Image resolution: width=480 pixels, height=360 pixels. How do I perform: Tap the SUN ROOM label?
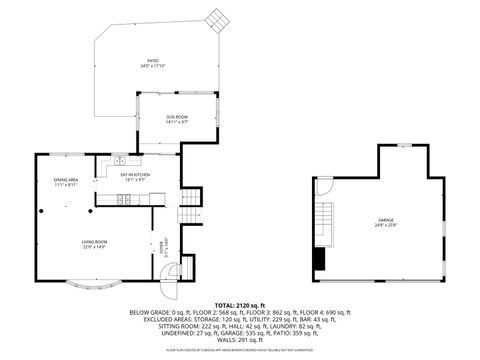177,117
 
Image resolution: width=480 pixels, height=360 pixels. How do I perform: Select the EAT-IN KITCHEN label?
135,174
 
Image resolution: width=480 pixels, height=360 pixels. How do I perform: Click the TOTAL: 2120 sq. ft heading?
240,304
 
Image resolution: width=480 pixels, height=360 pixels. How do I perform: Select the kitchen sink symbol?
119,162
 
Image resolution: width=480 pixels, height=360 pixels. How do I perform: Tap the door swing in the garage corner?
324,185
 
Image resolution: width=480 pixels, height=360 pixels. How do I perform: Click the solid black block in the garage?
319,259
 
